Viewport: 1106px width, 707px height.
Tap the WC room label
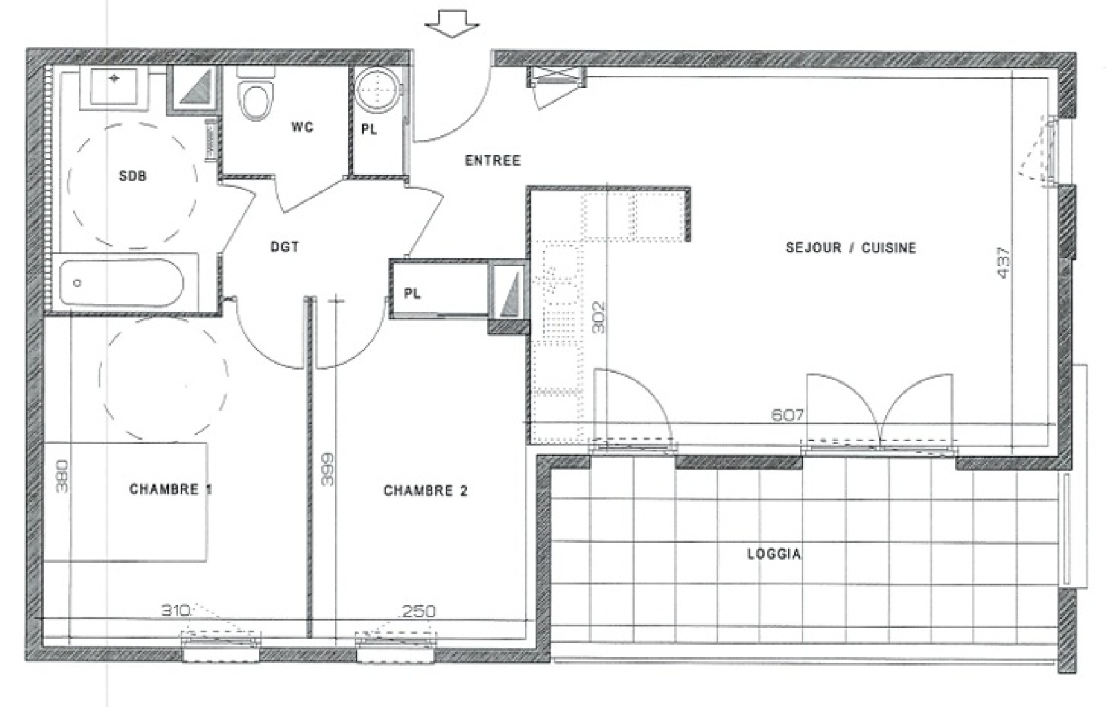coord(302,127)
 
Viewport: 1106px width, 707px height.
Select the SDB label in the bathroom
coord(133,176)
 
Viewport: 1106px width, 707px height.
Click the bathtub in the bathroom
coord(122,282)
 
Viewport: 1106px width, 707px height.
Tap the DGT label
coord(284,247)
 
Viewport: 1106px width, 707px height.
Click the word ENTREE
coord(492,160)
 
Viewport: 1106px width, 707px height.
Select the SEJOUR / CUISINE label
coord(850,247)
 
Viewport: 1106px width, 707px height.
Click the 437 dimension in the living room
coord(1004,263)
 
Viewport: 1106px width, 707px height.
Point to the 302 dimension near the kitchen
coord(599,317)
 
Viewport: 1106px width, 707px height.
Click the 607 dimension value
coord(787,415)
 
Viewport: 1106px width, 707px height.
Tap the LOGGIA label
coord(774,554)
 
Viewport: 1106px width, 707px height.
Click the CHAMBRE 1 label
coord(170,489)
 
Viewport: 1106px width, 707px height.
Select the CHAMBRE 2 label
coord(425,491)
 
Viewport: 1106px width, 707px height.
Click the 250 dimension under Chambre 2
coord(419,612)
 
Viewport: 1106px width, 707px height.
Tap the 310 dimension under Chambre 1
coord(176,611)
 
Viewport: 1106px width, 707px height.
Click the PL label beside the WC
coord(370,129)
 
